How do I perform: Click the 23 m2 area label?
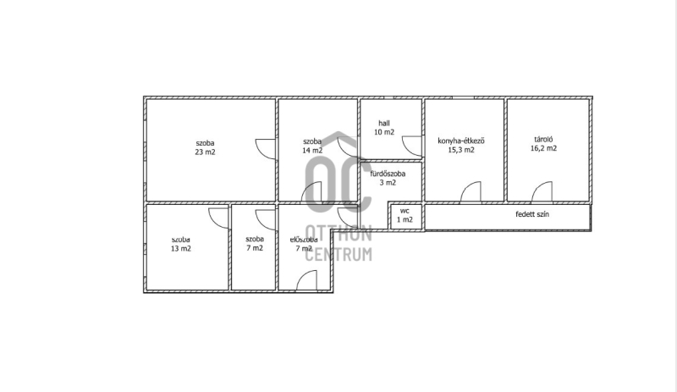205,152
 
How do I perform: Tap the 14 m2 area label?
312,151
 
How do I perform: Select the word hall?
384,123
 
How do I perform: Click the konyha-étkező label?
461,141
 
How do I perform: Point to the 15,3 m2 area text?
461,150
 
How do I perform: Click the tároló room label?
543,139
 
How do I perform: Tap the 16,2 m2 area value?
543,148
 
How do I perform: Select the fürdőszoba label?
388,174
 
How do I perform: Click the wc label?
405,211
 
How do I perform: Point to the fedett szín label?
532,214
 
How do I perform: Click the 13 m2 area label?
181,249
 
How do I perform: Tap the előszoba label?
304,240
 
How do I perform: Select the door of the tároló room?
542,191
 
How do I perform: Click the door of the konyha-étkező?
471,191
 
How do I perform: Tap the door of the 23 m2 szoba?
265,149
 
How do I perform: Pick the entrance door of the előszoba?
306,280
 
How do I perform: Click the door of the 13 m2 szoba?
218,218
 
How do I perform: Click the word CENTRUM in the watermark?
338,254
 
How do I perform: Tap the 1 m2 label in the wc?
405,219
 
